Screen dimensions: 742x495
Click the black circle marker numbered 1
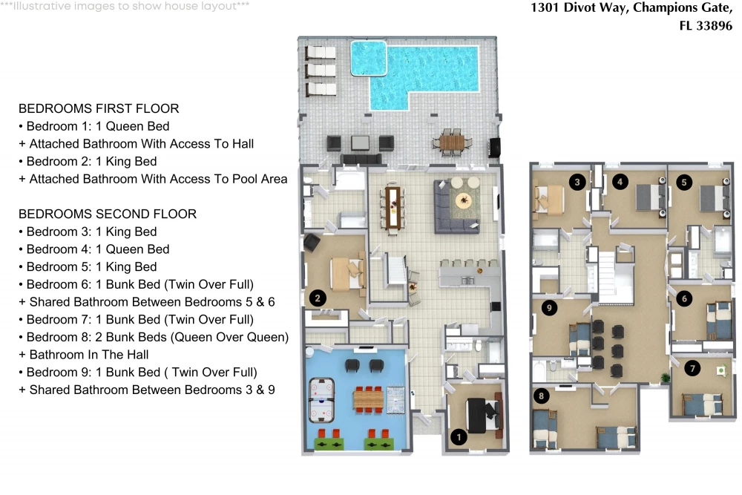(x=459, y=437)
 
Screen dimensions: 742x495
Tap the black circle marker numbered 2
(x=318, y=298)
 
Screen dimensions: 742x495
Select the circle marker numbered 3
(x=577, y=182)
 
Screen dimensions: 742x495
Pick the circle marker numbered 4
(x=620, y=182)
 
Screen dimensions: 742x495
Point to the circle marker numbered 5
(x=684, y=183)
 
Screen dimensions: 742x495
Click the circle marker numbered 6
(x=684, y=298)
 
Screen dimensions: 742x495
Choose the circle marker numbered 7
(x=692, y=368)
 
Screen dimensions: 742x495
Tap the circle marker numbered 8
(x=542, y=396)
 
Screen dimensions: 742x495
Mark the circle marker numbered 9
(x=549, y=308)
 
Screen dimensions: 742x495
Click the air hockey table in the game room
(x=321, y=400)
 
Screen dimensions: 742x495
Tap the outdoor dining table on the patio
(x=452, y=142)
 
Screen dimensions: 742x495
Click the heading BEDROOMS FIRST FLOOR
(x=99, y=108)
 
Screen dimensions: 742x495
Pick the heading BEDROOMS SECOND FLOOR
(x=108, y=214)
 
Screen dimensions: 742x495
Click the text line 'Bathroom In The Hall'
(x=89, y=355)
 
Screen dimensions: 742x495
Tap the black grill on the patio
(x=494, y=147)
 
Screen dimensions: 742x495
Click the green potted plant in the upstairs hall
(x=666, y=378)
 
